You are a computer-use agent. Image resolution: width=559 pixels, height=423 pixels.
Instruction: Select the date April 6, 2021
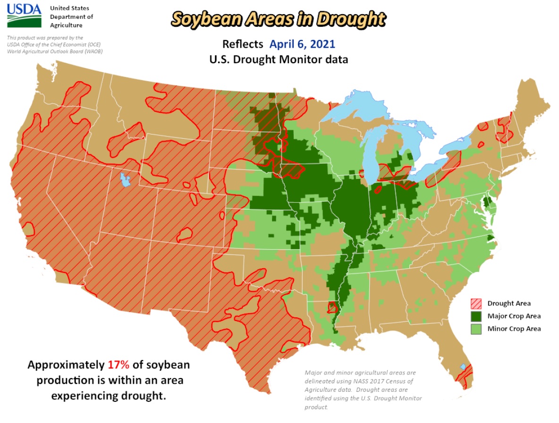[302, 44]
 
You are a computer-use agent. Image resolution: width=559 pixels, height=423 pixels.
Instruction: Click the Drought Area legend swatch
[476, 303]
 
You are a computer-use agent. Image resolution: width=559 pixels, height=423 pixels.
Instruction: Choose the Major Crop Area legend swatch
[476, 316]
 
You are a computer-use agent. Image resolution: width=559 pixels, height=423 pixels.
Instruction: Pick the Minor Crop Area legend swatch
[476, 329]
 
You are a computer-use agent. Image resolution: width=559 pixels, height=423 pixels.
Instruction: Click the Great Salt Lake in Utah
[125, 179]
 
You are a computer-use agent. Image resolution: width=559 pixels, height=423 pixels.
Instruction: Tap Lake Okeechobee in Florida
[464, 367]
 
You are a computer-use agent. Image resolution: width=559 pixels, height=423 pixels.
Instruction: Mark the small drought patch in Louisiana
[332, 307]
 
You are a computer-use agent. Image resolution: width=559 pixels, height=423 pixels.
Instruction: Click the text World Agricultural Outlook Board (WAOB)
[55, 51]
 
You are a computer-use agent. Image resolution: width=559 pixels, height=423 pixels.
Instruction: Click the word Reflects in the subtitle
[243, 44]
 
